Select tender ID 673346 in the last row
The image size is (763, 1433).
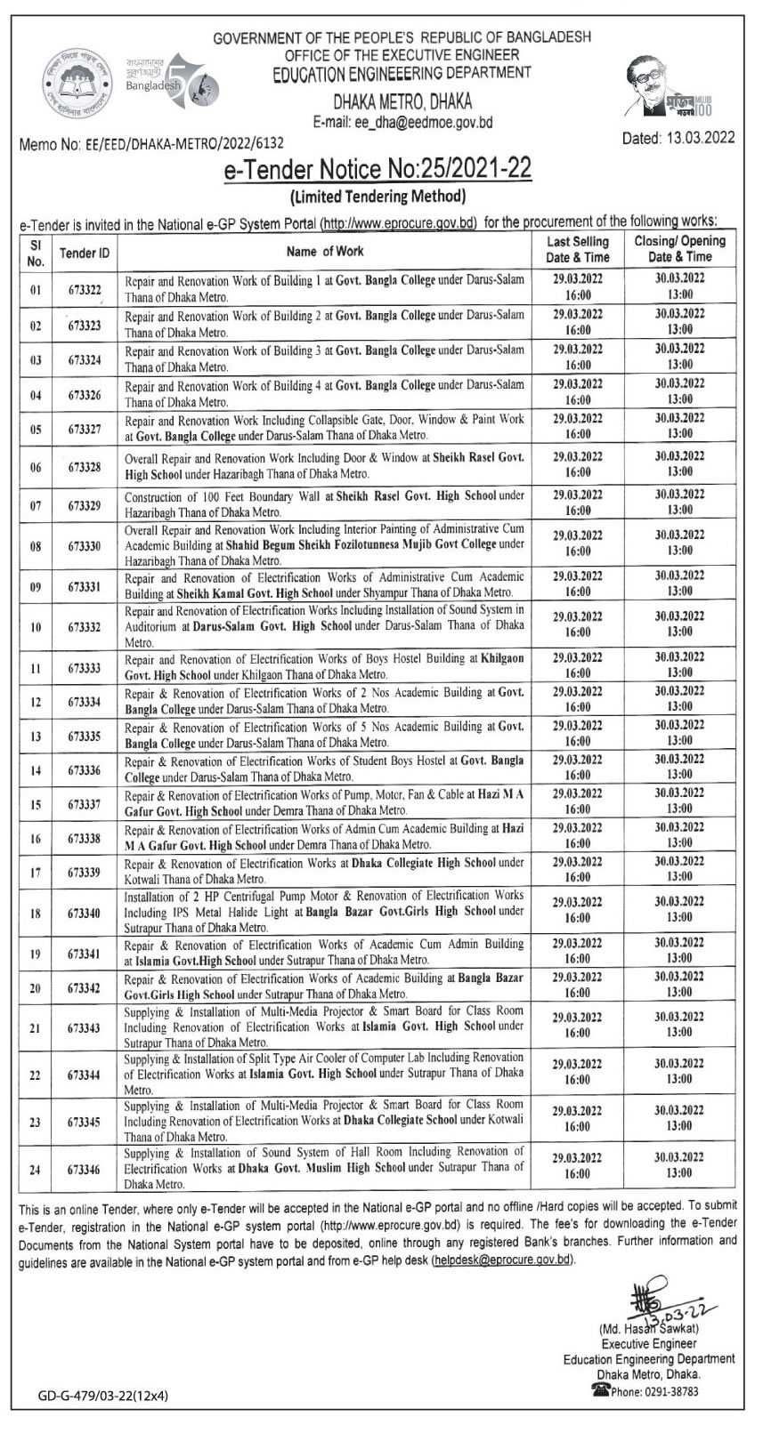85,1170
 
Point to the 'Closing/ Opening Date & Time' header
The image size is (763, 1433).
679,249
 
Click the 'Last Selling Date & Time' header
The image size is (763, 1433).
578,249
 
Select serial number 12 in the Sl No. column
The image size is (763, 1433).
36,703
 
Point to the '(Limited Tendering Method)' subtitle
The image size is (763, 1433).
378,196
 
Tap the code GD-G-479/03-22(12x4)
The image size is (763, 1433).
103,1396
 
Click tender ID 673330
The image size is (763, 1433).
85,546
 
